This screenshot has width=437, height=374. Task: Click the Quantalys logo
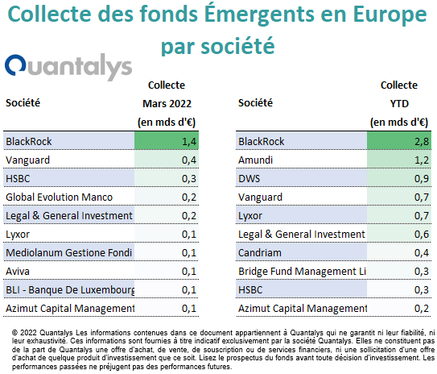tap(68, 67)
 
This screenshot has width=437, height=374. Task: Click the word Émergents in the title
tap(260, 14)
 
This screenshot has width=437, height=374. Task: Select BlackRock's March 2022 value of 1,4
tap(189, 142)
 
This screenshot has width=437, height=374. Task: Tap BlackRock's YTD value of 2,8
tap(422, 142)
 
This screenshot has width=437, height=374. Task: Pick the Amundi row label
tap(255, 160)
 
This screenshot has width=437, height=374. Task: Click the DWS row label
tap(249, 179)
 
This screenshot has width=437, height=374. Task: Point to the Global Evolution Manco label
tap(59, 197)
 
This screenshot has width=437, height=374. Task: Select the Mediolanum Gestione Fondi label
tap(69, 252)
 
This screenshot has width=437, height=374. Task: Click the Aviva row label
tap(18, 272)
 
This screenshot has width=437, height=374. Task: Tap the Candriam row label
tap(260, 252)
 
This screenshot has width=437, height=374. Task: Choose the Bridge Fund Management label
tap(302, 272)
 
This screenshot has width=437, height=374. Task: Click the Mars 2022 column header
tap(167, 103)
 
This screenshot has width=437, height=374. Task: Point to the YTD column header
tap(399, 103)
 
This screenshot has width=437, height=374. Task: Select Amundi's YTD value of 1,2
tap(422, 160)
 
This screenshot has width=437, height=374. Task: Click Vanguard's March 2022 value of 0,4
tap(189, 160)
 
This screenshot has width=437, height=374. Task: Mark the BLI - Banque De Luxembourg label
tap(70, 290)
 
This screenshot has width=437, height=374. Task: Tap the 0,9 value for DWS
tap(422, 179)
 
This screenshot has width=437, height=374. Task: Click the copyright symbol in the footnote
tap(14, 333)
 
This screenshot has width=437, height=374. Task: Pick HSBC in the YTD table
tap(250, 289)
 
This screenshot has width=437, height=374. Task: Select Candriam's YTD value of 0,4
tap(422, 253)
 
